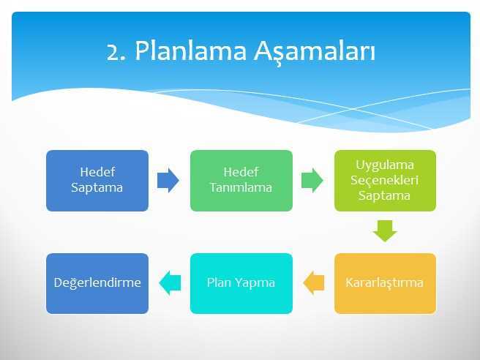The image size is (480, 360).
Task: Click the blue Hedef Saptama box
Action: [x=97, y=180]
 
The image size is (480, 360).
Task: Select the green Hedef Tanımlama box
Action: [x=241, y=180]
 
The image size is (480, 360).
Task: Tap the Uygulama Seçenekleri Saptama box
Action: [x=385, y=180]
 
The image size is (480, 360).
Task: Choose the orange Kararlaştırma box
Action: [x=385, y=283]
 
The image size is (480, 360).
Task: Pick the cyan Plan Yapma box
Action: [x=241, y=283]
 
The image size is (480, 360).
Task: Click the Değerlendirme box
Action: [x=97, y=283]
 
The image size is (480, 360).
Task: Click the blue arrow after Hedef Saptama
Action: [x=168, y=180]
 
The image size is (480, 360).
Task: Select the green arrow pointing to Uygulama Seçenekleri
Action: [x=312, y=180]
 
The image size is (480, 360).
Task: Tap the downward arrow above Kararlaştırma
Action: [x=385, y=231]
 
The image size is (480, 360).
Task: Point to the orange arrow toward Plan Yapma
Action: [x=314, y=283]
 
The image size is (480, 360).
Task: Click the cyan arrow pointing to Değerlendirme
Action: [x=170, y=283]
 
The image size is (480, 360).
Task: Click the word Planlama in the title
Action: [x=192, y=52]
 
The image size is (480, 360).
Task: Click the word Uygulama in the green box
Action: [x=385, y=165]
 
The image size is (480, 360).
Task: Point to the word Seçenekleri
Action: [x=385, y=180]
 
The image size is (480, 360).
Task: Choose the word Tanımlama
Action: [x=241, y=187]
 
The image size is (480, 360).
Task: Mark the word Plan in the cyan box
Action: [x=219, y=283]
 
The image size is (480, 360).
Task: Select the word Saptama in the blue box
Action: [x=97, y=187]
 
